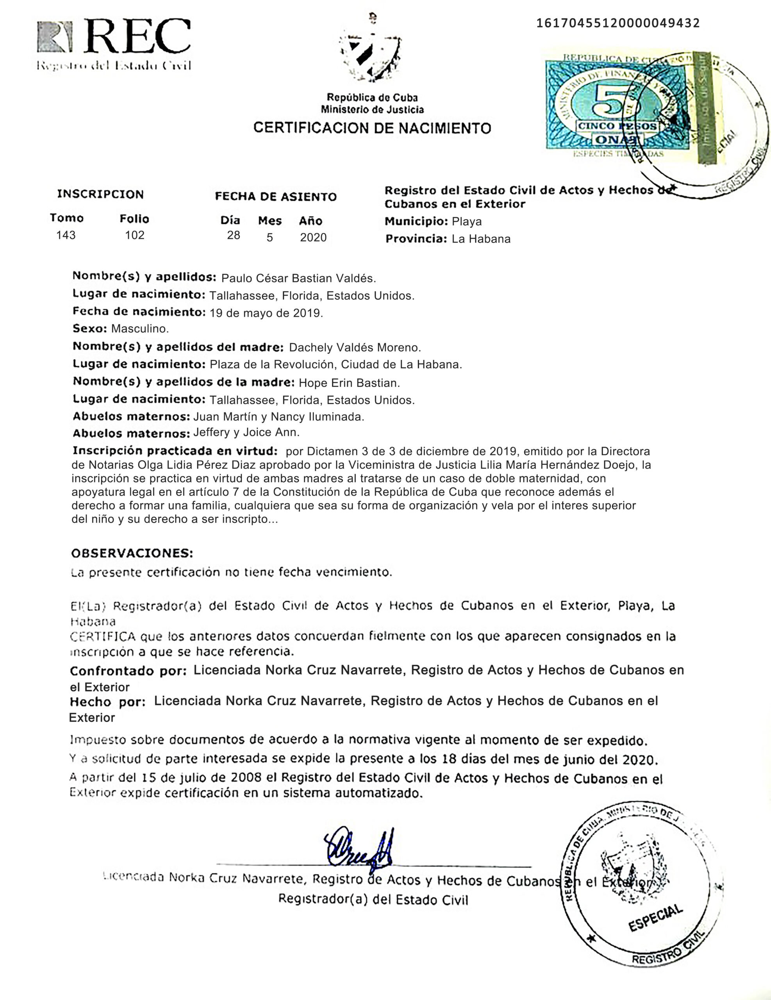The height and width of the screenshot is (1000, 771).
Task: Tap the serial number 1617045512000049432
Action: click(x=618, y=23)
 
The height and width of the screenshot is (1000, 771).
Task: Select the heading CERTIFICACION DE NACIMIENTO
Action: click(x=372, y=127)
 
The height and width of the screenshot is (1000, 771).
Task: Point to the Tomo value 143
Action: click(x=66, y=235)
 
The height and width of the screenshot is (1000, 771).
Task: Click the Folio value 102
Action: click(x=135, y=235)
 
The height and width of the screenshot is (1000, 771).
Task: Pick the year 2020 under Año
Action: click(x=313, y=237)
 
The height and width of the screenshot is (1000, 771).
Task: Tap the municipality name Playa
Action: click(x=466, y=221)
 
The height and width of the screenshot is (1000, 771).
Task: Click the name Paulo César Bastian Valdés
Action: click(x=298, y=279)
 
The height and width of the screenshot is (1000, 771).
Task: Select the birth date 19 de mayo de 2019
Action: click(x=266, y=313)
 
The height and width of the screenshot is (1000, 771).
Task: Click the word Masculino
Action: click(x=140, y=329)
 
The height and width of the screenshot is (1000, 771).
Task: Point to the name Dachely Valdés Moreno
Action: click(x=355, y=348)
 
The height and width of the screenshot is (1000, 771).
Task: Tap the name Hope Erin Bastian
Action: click(x=349, y=383)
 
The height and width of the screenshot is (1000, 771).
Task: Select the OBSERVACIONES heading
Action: click(x=132, y=553)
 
